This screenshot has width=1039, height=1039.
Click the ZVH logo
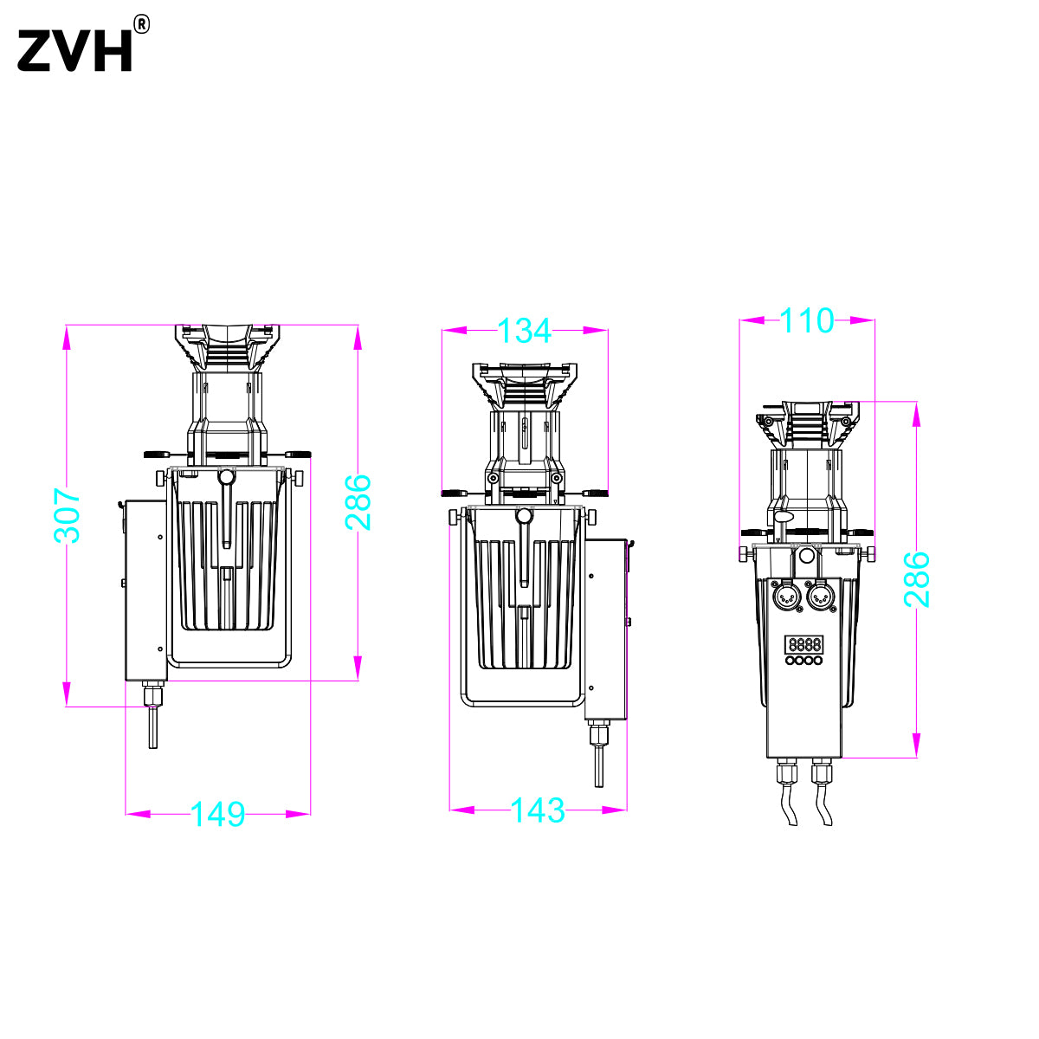[74, 51]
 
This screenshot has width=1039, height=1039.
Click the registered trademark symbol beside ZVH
[141, 24]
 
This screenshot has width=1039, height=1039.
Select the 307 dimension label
[67, 515]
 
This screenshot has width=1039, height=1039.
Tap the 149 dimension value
[218, 814]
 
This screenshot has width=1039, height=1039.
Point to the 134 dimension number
[524, 331]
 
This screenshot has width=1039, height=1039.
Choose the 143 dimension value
[538, 810]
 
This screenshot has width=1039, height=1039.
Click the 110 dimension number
[807, 321]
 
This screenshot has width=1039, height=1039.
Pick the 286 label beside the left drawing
[358, 502]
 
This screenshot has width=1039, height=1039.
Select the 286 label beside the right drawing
[917, 579]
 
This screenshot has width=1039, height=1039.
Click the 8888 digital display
[803, 644]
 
